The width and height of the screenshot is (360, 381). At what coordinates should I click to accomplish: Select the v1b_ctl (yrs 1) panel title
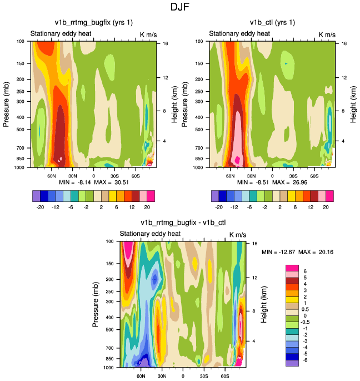click(272, 22)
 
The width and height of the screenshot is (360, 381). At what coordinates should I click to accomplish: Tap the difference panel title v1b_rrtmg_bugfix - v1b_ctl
click(183, 223)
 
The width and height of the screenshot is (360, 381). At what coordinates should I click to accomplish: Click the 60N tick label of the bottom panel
click(141, 376)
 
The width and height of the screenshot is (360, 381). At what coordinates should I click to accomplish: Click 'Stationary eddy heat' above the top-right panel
click(239, 34)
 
